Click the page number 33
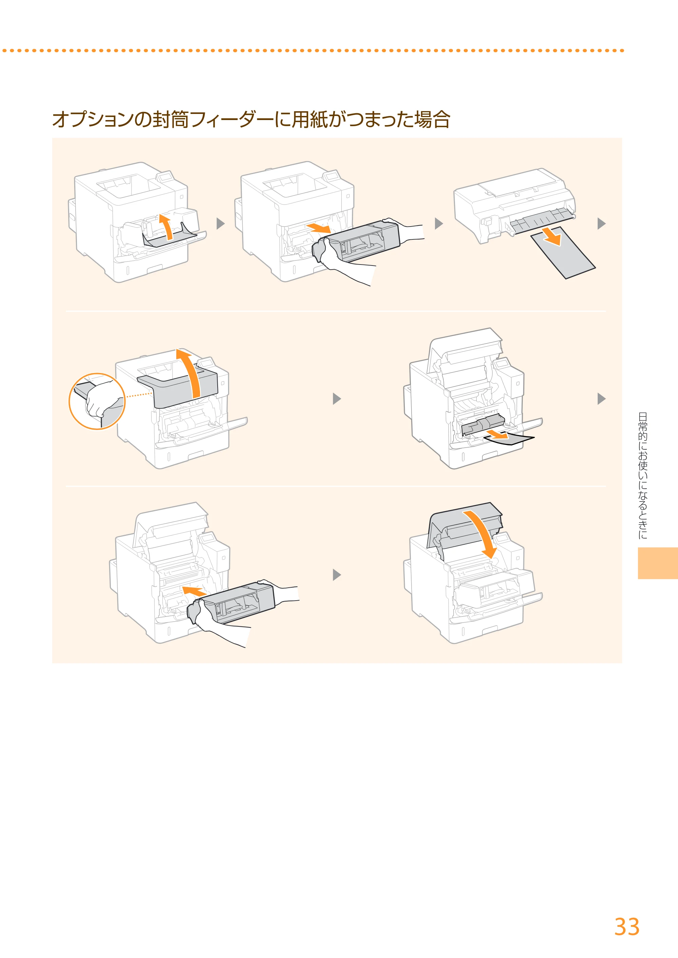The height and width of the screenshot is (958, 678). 627,927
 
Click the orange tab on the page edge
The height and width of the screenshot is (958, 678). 658,563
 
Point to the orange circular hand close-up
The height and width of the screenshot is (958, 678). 97,401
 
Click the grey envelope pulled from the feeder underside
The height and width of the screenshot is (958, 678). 563,252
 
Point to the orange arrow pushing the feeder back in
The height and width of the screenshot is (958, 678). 194,591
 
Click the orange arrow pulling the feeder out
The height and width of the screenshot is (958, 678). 319,228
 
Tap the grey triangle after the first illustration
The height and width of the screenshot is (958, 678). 220,223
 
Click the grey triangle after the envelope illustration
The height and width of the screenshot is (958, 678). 601,223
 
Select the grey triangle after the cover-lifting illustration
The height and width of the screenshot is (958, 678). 337,398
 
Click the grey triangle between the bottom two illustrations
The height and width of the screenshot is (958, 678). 337,575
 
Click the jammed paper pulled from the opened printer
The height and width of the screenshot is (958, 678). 509,438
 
